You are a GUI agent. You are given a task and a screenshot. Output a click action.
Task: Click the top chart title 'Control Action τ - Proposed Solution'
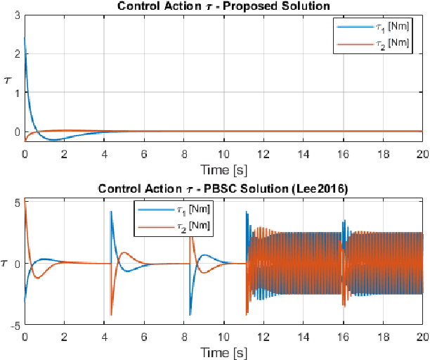224,6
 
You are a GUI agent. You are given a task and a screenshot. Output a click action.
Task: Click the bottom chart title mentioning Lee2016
224,188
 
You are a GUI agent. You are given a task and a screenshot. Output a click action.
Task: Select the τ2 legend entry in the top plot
373,44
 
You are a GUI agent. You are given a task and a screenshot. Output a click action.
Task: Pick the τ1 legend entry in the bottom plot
173,210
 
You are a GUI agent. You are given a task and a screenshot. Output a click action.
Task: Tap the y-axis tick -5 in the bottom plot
15,325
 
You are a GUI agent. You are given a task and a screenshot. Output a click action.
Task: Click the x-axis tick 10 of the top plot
223,153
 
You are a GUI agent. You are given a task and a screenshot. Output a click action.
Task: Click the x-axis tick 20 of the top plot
422,153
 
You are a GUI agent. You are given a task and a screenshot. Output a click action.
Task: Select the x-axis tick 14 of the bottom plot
303,335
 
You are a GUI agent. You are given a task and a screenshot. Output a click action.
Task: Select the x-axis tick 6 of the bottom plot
144,335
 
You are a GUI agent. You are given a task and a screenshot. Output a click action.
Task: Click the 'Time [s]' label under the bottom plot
223,350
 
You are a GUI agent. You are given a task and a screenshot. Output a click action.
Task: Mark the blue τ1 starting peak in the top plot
25,39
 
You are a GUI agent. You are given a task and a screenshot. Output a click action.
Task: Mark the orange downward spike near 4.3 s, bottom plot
111,314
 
